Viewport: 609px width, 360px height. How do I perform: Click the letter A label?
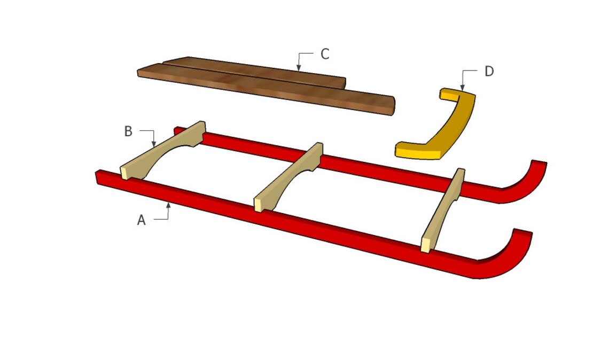(141, 220)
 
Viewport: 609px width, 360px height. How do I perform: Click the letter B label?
(128, 131)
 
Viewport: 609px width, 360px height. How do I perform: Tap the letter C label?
(324, 54)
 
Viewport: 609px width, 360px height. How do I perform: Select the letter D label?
(489, 71)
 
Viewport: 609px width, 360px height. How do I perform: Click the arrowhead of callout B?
(154, 145)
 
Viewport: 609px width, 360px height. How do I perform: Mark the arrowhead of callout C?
(299, 69)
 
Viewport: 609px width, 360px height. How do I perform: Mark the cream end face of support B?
(124, 172)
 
